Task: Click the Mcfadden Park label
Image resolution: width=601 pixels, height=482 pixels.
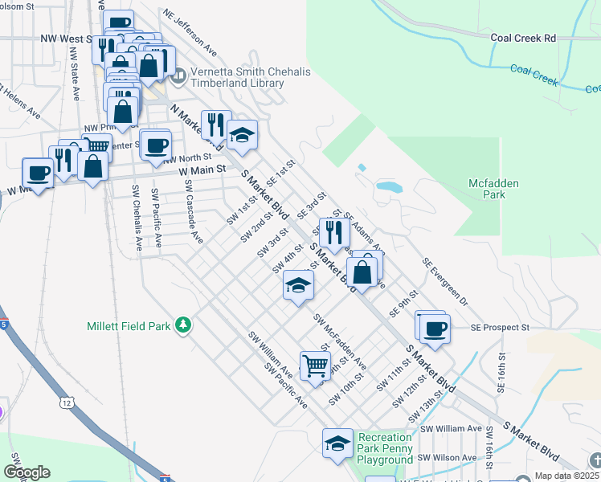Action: [x=494, y=189]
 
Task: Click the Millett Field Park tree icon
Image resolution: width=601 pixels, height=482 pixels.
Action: [x=184, y=325]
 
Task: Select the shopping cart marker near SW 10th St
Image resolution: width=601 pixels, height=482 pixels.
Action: [x=315, y=365]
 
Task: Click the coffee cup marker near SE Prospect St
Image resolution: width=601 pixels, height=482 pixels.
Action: [x=435, y=329]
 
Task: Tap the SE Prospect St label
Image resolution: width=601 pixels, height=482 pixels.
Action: [x=501, y=328]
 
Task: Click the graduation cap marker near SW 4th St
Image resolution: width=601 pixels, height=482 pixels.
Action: [x=298, y=285]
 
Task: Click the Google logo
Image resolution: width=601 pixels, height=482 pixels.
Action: [x=27, y=472]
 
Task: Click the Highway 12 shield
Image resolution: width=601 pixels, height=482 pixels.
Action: [x=65, y=399]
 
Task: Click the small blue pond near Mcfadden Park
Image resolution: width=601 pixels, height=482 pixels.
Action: [x=389, y=186]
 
